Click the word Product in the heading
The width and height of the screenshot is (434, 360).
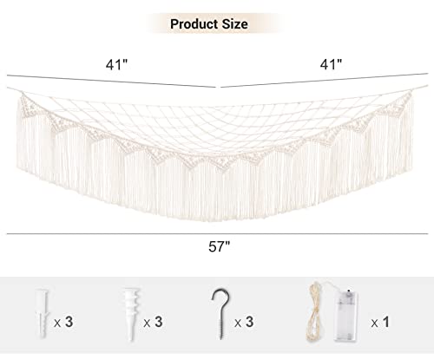(194, 23)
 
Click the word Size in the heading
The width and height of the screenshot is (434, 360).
(234, 23)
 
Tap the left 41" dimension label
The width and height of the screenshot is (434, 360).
(116, 64)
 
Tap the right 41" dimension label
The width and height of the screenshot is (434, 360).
(331, 64)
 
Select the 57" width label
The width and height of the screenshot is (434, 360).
(220, 246)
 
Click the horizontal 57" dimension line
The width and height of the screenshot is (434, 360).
(217, 233)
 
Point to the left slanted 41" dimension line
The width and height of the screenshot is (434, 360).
(111, 81)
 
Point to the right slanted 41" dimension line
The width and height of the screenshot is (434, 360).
(325, 80)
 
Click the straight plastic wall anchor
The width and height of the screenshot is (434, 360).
(42, 313)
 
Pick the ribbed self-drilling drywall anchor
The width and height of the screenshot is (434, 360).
(132, 313)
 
